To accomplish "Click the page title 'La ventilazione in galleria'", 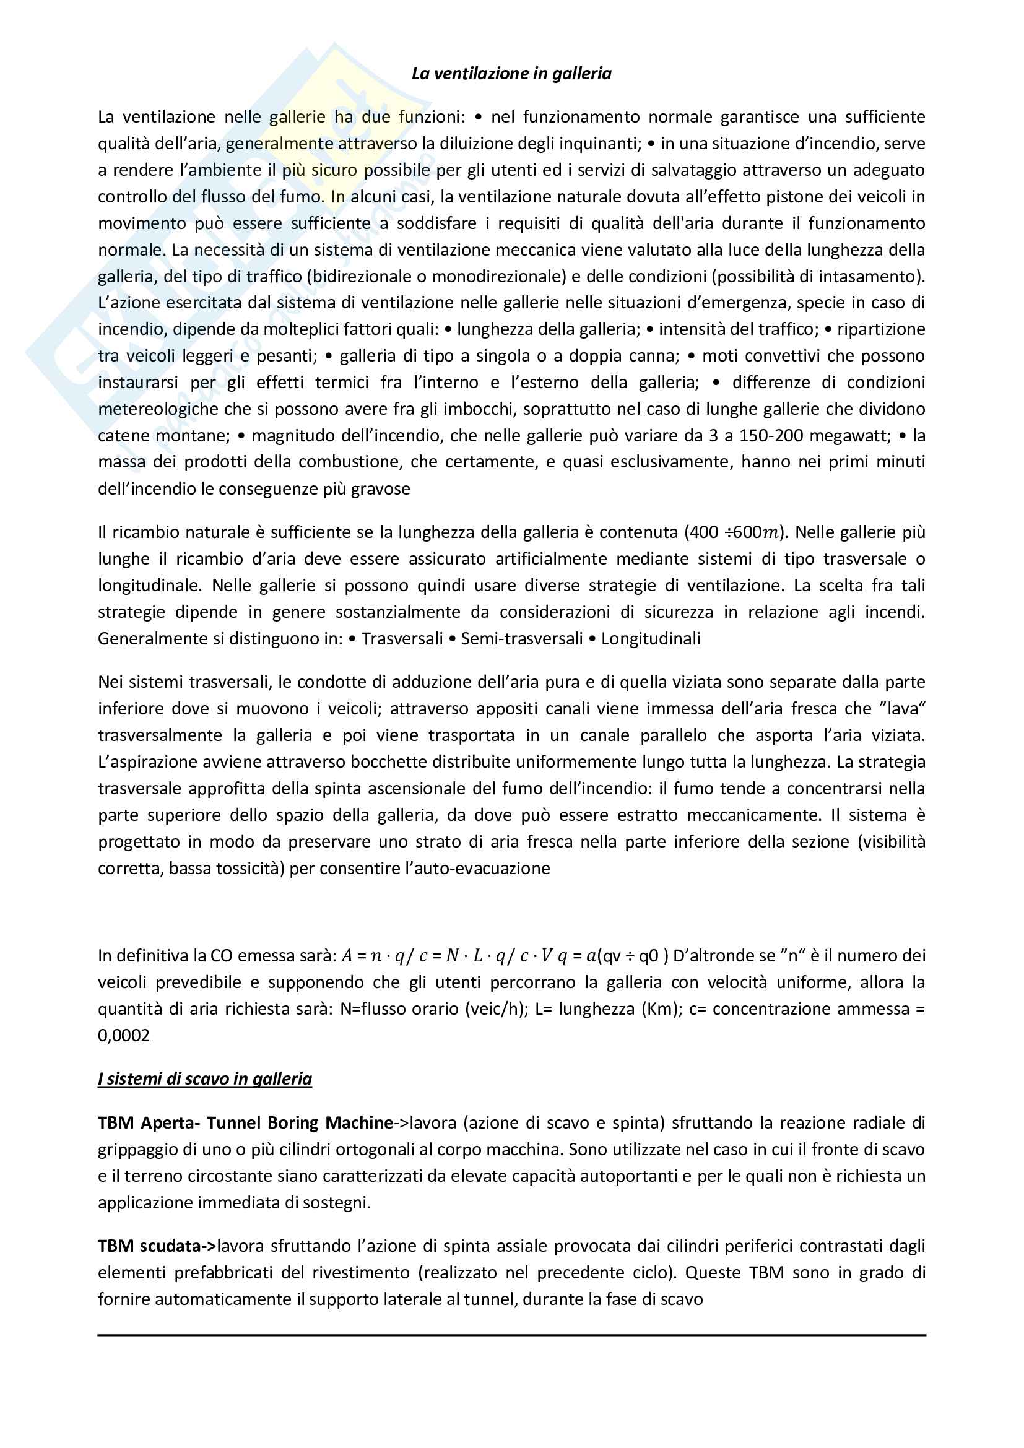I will click(x=511, y=74).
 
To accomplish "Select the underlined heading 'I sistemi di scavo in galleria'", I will click(x=205, y=1078).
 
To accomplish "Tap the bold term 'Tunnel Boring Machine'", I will click(x=300, y=1122).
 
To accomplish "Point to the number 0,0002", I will click(x=124, y=1036).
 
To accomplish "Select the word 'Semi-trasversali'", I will click(x=521, y=639).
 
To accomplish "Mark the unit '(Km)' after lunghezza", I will click(x=662, y=1009).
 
